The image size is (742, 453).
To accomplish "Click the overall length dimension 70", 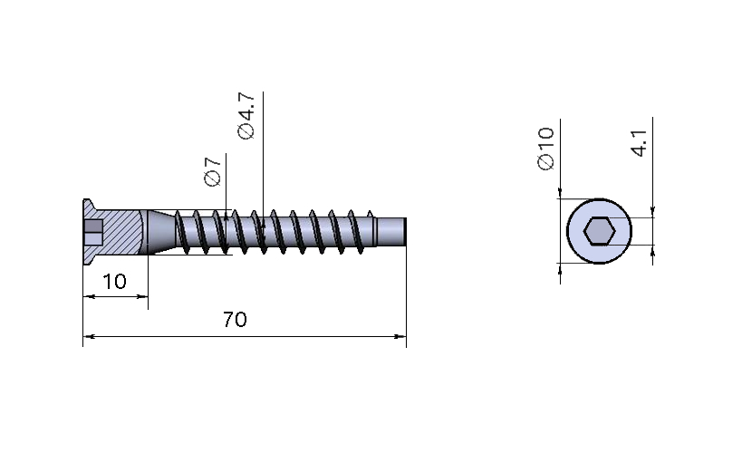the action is point(235,320).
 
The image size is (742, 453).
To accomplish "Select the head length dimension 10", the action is point(114,282).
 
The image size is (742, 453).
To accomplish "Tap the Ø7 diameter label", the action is point(213,171).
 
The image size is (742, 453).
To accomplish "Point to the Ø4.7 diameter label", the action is point(246,116).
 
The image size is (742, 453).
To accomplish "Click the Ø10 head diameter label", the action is point(545,149).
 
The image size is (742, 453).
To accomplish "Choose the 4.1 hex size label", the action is point(639,143).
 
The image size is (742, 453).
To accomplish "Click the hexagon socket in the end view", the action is point(599,231).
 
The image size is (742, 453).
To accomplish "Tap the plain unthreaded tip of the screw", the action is point(391,232).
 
